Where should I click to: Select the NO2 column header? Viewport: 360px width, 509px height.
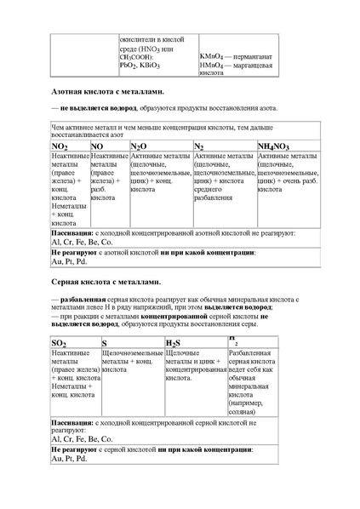coord(61,147)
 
